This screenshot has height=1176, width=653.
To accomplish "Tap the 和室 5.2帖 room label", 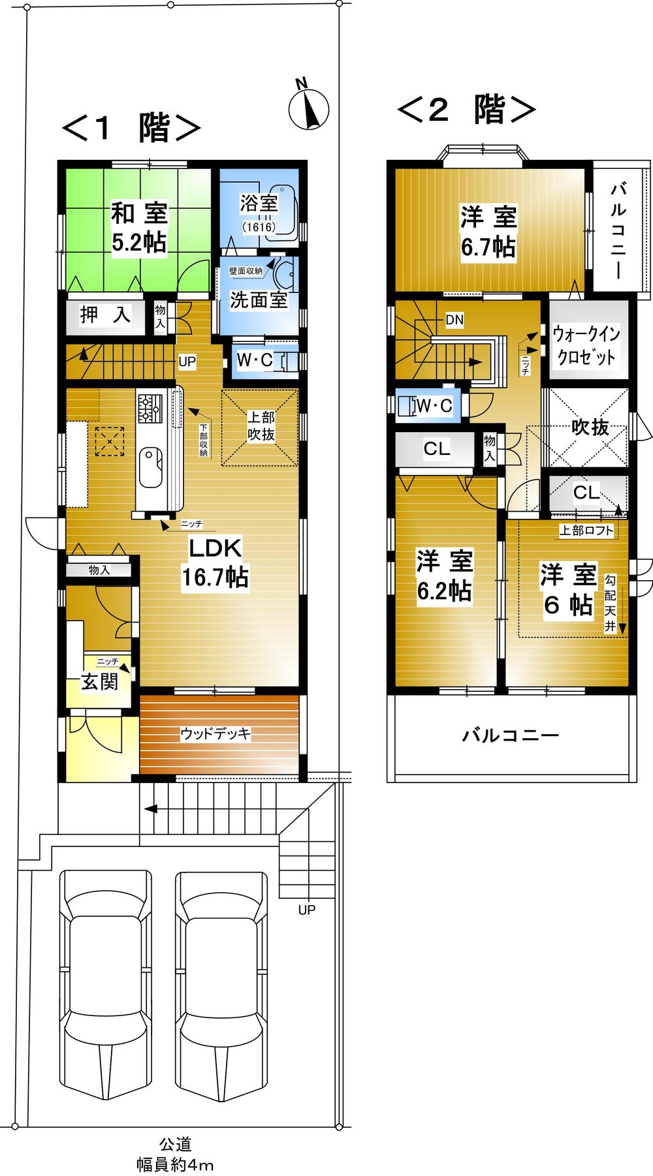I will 138,227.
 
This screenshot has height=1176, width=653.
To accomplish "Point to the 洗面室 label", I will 259,300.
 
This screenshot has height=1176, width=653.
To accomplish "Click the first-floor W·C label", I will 255,360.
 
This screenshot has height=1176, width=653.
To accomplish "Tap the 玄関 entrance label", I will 99,682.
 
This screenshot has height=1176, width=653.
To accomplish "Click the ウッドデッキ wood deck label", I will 215,734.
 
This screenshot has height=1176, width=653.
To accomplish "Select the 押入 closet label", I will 105,315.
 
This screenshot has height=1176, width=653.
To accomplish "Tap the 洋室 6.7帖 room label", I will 488,232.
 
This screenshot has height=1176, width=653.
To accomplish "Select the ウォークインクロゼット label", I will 585,346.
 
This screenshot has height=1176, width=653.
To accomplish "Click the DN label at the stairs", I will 454,320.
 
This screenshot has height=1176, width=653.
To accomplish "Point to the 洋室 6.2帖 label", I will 444,575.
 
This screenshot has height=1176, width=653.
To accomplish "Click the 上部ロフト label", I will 586,531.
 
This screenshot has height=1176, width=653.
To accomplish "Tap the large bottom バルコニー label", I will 511,736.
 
